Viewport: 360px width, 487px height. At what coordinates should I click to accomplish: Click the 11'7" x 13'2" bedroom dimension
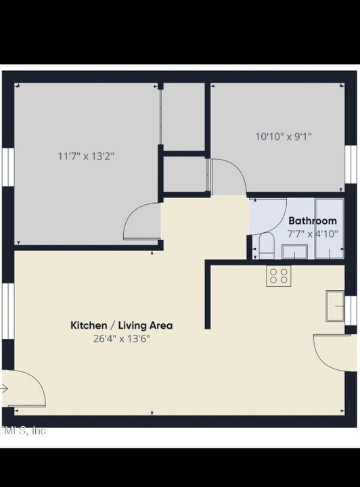pos(86,156)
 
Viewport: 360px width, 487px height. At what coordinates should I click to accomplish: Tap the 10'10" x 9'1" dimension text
pos(284,136)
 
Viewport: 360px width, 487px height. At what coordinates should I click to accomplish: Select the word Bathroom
pos(312,221)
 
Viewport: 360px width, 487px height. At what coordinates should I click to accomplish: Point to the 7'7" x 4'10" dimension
pos(313,233)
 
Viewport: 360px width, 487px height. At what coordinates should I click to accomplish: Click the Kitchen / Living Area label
pos(122,325)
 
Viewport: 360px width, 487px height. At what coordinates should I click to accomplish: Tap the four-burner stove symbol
pos(277,275)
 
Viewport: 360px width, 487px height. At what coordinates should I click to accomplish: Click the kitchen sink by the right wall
pos(336,305)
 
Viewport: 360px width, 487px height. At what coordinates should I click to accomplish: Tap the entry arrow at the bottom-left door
pos(4,389)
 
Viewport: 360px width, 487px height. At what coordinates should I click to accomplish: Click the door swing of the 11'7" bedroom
pos(143,220)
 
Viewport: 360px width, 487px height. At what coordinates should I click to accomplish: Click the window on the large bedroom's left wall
pos(7,166)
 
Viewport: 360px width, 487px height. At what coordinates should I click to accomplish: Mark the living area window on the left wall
pos(7,310)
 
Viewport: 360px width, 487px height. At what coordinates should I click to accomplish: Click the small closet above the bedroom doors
pos(184,175)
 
